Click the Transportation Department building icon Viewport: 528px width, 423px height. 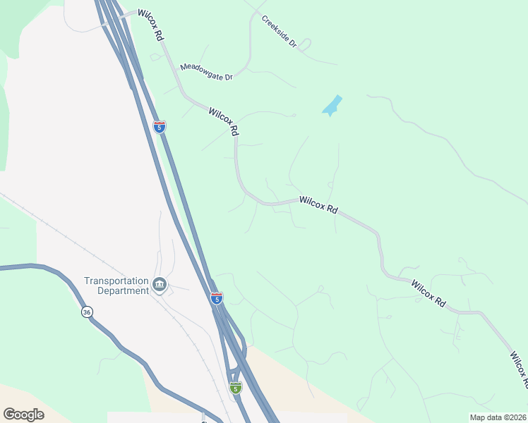pos(160,285)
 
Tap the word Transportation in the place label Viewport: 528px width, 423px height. pos(116,280)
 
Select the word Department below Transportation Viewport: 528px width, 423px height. pos(116,290)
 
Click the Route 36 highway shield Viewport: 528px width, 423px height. pos(86,312)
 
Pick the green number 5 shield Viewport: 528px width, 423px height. pos(236,388)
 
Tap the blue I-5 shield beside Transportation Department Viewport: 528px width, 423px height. pos(216,298)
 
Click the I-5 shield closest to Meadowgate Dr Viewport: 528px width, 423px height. pos(160,126)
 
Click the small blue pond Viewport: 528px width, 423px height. pos(332,106)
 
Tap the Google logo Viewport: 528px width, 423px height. pos(23,414)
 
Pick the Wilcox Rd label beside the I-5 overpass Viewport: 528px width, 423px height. pos(151,25)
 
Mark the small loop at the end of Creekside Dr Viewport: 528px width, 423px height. pos(306,44)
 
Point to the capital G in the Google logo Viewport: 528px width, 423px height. pos(9,414)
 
